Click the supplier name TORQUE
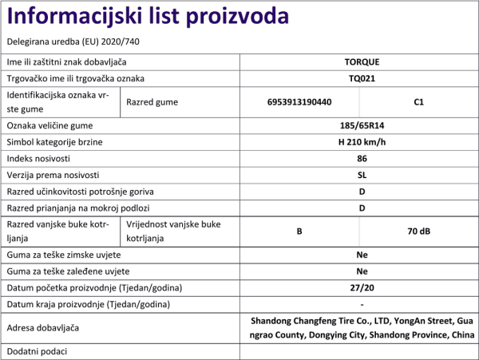tap(362, 61)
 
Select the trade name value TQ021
tap(362, 79)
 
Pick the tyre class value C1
tap(419, 102)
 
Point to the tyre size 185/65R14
tap(362, 125)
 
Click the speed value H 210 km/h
tap(362, 142)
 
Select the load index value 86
tap(362, 159)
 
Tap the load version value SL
tap(362, 175)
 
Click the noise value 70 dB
tap(419, 231)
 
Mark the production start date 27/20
tap(362, 287)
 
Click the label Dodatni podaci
tap(37, 351)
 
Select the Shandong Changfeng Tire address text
tap(362, 328)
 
